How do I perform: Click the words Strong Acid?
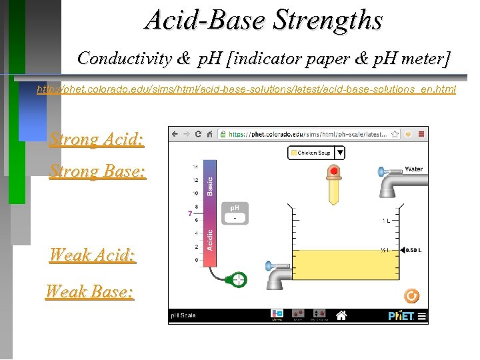coord(97,139)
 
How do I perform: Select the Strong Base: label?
coord(97,171)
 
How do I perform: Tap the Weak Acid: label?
coord(93,255)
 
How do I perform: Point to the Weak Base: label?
coord(90,291)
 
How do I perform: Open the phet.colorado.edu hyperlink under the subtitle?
coord(246,89)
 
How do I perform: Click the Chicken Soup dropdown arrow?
coord(339,153)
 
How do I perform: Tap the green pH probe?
coord(238,279)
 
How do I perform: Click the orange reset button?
coord(412,295)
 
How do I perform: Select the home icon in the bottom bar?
coord(341,315)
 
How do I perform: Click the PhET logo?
coord(401,315)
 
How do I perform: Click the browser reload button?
coord(198,134)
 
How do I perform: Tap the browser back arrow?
coord(175,134)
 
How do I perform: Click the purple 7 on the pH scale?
coord(190,214)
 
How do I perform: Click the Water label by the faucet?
coord(413,169)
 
